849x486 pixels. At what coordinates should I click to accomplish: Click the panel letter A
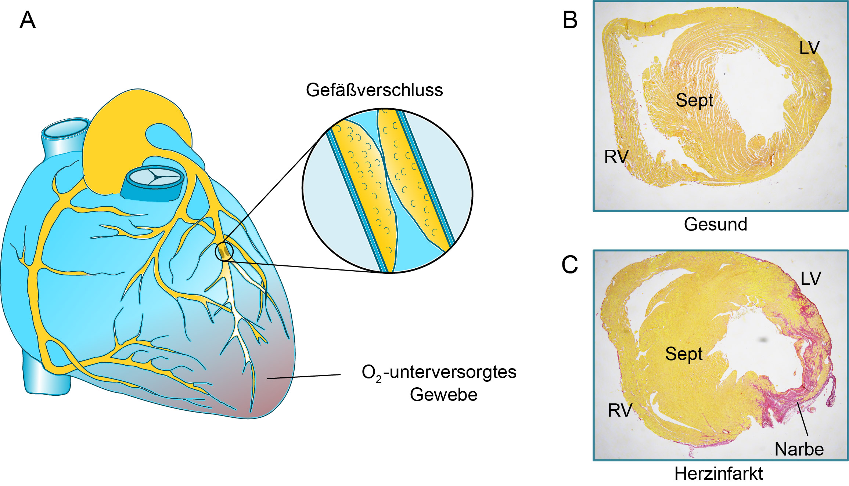[x=28, y=20]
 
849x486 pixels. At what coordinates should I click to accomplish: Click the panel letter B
[x=570, y=20]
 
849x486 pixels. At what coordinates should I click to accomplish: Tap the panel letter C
[x=569, y=265]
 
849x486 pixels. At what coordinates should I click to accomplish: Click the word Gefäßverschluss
[x=374, y=90]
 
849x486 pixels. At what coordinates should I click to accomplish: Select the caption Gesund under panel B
[x=715, y=224]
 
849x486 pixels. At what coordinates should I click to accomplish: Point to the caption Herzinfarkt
[x=718, y=474]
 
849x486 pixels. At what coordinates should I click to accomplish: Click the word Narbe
[x=799, y=449]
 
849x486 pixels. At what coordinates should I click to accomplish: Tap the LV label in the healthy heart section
[x=809, y=48]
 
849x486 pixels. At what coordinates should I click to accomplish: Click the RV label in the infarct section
[x=620, y=410]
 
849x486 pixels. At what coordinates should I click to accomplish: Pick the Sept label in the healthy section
[x=694, y=100]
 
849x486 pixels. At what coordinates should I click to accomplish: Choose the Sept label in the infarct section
[x=684, y=354]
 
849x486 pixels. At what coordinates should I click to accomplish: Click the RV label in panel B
[x=616, y=157]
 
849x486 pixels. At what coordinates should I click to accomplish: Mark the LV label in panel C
[x=810, y=279]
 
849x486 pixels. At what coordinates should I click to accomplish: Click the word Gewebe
[x=443, y=395]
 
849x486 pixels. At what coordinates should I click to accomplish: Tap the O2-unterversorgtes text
[x=439, y=373]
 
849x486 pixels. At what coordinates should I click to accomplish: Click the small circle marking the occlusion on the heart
[x=224, y=251]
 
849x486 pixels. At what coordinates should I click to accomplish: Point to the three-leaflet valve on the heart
[x=155, y=176]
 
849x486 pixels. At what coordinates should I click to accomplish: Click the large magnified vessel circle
[x=387, y=191]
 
